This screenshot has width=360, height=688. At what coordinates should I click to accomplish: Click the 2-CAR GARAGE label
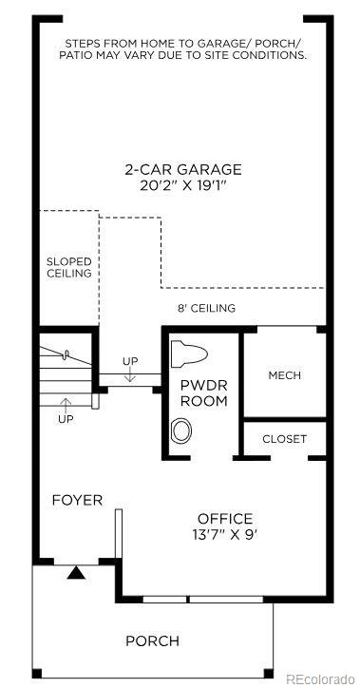pos(182,169)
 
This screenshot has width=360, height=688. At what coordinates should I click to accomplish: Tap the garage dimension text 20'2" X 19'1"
pos(182,186)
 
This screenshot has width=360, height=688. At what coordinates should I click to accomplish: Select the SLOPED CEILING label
pos(69,266)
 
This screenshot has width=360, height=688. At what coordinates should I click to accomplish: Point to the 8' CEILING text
pos(206,308)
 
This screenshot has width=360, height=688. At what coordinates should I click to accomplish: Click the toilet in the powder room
pos(187,355)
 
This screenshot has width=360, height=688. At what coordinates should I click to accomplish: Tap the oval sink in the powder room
pos(180,430)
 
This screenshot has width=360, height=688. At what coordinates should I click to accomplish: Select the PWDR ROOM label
pos(204,392)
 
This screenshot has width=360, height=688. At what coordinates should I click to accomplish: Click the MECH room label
pos(284,375)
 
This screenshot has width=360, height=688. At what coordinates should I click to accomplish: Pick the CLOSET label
pos(284,439)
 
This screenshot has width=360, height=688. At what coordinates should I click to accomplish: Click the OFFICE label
pos(225,518)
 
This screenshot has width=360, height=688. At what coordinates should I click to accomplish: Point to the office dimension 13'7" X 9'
pos(225,534)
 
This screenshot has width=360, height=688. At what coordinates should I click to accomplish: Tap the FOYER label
pos(77,500)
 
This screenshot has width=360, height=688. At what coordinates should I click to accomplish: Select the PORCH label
pos(152,641)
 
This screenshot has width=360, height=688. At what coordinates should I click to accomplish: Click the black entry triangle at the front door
pos(75,572)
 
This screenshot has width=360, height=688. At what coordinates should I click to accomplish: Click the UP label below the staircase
pos(66,418)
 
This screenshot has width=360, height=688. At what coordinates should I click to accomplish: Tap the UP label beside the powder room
pos(129,361)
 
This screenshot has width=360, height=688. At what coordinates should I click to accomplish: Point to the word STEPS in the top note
pos(82,44)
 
